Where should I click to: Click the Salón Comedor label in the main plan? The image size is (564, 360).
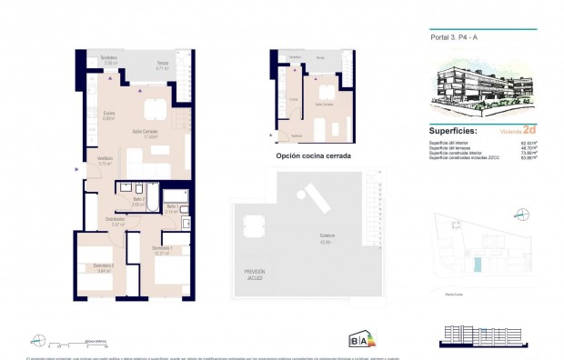tap(146, 133)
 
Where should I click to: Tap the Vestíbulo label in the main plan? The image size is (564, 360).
tap(106, 161)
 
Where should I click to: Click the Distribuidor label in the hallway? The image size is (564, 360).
tap(115, 220)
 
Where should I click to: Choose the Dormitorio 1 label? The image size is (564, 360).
tap(162, 249)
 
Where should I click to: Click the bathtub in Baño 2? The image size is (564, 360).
tap(144, 188)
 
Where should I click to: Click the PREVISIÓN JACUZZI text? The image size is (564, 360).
tap(255, 275)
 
